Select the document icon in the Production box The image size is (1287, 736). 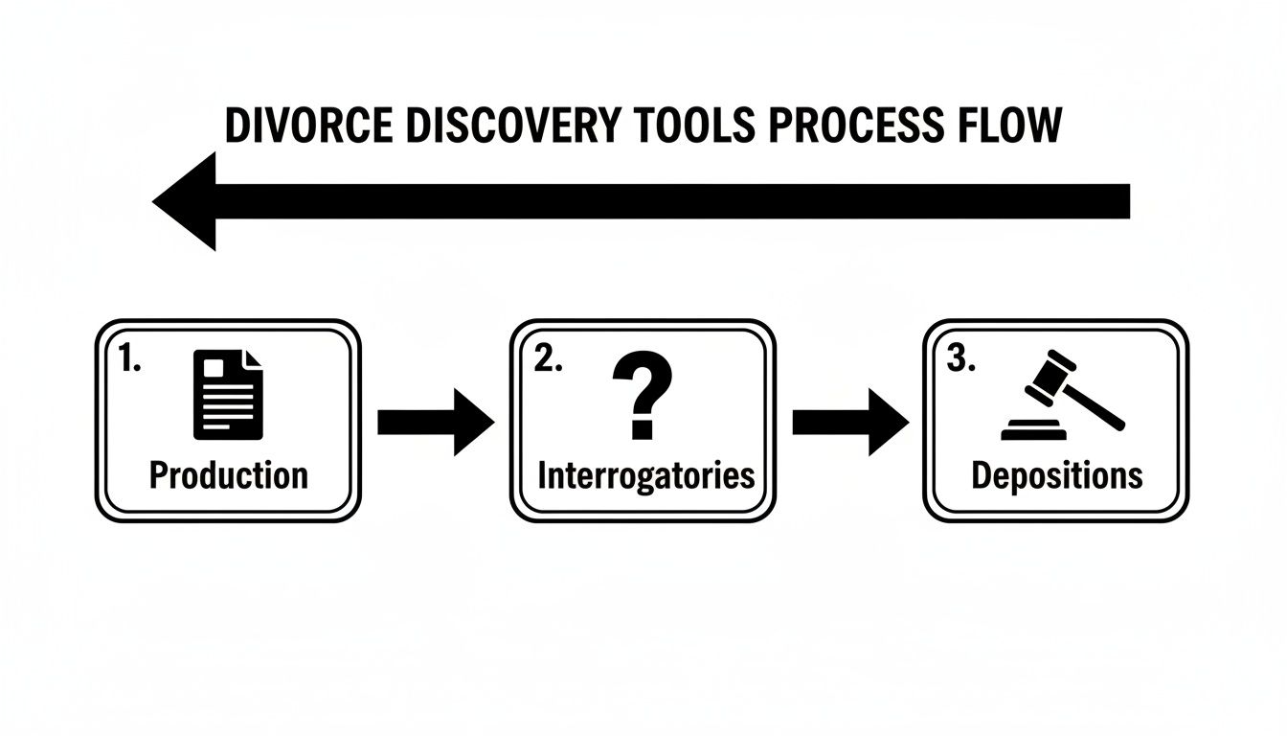click(x=228, y=394)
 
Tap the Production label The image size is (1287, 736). click(x=229, y=475)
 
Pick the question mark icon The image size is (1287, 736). click(x=642, y=393)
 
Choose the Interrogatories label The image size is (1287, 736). click(x=645, y=475)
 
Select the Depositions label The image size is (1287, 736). click(x=1056, y=475)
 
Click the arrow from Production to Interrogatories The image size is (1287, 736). click(x=436, y=422)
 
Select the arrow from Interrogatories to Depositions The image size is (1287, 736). click(x=850, y=422)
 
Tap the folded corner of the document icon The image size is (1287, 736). click(x=252, y=359)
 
